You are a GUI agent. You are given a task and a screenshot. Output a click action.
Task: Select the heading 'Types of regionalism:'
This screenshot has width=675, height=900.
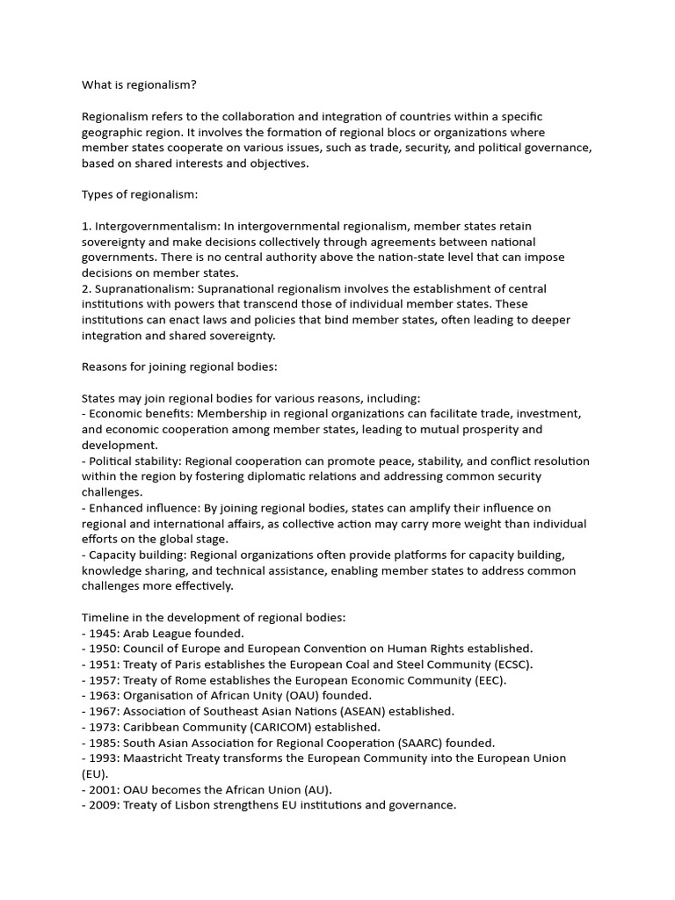(x=140, y=194)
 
